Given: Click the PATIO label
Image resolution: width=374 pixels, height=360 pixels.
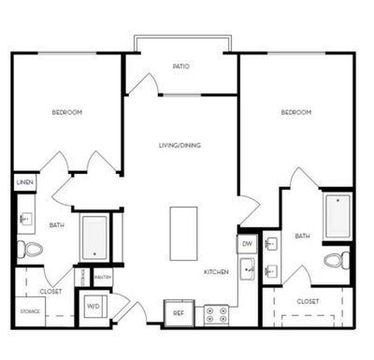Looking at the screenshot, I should (x=181, y=66).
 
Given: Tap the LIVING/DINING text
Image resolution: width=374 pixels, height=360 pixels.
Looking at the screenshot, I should (x=180, y=145).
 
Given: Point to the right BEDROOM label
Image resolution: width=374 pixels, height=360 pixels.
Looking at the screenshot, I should (x=296, y=112).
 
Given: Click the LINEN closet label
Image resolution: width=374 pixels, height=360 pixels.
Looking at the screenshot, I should (x=25, y=181).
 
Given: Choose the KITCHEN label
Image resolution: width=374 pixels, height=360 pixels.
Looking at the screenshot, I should (x=217, y=272).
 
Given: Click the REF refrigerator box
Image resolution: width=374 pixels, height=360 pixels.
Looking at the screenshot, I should (x=178, y=312).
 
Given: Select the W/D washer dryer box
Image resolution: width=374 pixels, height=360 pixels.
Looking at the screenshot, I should (x=94, y=306).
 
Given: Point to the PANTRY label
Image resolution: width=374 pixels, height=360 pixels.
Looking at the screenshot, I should (x=103, y=278).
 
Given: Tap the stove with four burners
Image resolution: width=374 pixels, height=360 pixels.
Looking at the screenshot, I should (x=216, y=311).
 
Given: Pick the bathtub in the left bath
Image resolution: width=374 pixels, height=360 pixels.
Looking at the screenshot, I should (x=94, y=238).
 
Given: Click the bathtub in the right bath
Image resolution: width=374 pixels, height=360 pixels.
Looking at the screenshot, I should (x=337, y=216).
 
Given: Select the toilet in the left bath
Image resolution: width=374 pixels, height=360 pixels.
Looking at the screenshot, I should (x=30, y=249).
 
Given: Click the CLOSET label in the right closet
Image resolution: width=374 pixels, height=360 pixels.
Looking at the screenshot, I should (x=308, y=302).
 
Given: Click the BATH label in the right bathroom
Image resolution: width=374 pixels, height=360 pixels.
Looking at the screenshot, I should (x=302, y=237).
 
